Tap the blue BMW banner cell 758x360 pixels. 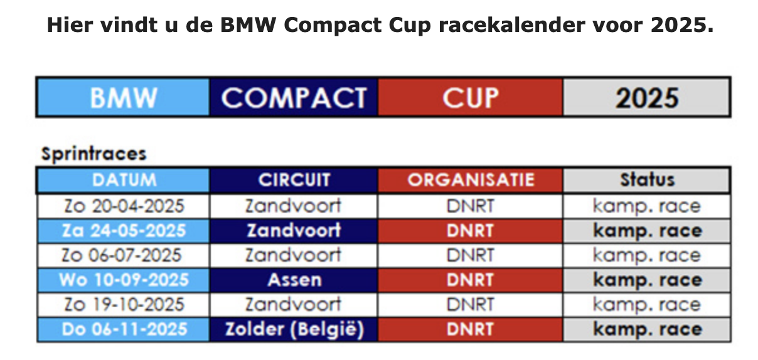click(124, 97)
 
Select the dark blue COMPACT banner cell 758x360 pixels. click(294, 97)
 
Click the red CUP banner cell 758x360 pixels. click(471, 97)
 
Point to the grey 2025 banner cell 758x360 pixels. click(646, 97)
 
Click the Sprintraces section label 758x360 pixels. click(93, 154)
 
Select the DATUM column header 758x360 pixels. click(124, 180)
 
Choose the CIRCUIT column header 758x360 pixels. click(294, 180)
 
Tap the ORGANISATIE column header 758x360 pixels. click(471, 180)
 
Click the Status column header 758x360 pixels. click(646, 180)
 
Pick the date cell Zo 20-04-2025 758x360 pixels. click(124, 206)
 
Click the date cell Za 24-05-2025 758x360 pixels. click(124, 231)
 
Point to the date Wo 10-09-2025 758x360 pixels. click(124, 280)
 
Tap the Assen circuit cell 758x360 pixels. click(294, 280)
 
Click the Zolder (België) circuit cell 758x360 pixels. click(294, 329)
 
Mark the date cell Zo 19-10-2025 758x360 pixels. click(124, 305)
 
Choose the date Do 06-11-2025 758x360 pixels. click(124, 329)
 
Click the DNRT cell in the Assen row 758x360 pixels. click(471, 280)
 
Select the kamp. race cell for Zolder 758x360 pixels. click(646, 329)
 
